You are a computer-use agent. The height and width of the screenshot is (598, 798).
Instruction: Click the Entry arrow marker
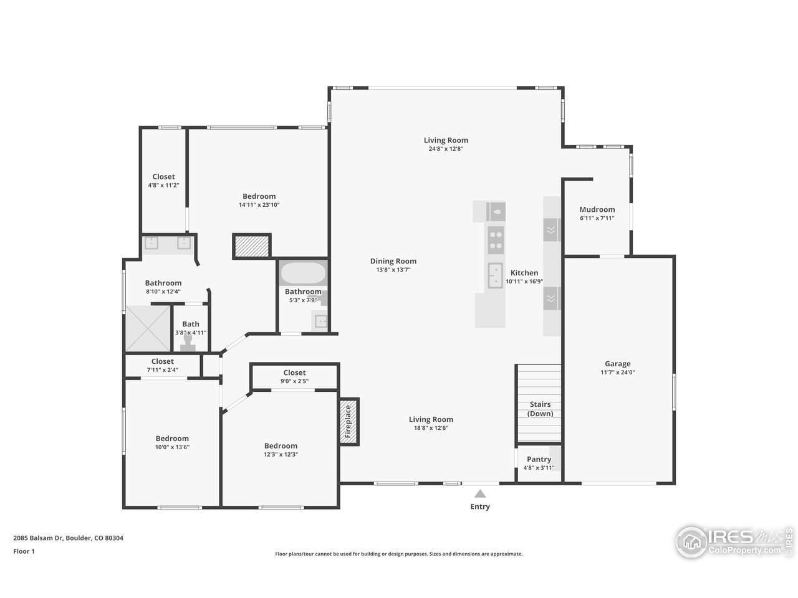click(479, 493)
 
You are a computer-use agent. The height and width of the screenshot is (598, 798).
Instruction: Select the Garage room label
click(617, 364)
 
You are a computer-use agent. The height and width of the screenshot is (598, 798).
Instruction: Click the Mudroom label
click(597, 210)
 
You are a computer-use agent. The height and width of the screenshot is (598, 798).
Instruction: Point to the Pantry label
click(539, 459)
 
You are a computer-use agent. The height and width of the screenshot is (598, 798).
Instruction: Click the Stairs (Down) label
click(540, 409)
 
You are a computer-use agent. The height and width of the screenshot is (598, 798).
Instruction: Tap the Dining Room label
click(393, 262)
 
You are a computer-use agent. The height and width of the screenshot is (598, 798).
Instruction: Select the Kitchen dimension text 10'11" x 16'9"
click(524, 282)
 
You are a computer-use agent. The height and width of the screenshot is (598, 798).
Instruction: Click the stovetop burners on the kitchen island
click(496, 240)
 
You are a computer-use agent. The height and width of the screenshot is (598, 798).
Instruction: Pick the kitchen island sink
click(496, 275)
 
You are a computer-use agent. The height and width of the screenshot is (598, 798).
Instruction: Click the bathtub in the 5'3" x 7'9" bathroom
click(302, 273)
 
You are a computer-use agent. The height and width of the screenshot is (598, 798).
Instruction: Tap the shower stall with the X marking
click(148, 328)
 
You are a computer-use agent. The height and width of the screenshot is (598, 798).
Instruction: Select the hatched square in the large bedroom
click(251, 246)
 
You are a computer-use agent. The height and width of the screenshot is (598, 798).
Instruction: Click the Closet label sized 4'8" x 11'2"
click(163, 177)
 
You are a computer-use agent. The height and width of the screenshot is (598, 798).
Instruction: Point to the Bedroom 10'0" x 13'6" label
click(172, 439)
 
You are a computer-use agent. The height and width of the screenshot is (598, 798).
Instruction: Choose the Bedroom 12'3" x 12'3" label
click(281, 446)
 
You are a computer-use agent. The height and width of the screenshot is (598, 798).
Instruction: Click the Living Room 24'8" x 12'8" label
click(446, 141)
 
